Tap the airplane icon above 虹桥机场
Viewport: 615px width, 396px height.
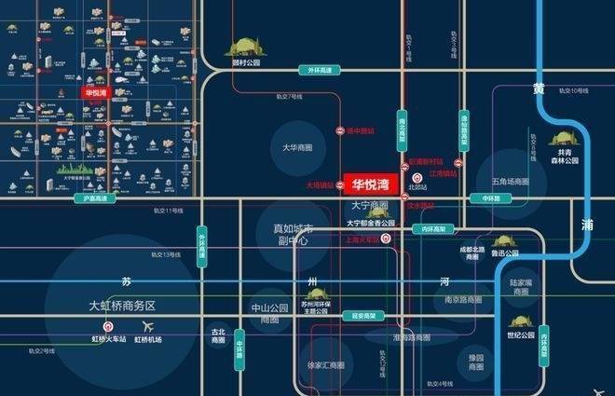coord(147,326)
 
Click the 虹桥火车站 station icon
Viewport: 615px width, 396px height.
coord(109,326)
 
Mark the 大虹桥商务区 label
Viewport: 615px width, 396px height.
coord(120,306)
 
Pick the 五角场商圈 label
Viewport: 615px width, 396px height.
coord(503,181)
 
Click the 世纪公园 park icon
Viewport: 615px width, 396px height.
coord(521,321)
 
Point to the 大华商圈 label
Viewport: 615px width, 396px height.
coord(297,148)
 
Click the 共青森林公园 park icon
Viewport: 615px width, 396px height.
coord(563,138)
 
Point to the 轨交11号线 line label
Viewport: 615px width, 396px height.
coord(168,212)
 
